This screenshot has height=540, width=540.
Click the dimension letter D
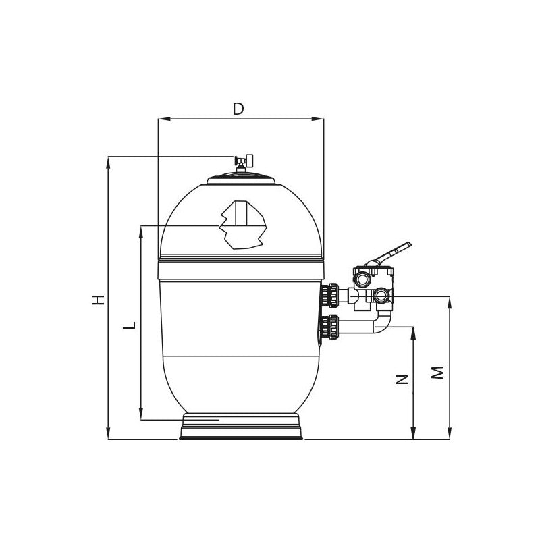(x=238, y=109)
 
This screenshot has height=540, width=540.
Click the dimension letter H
(x=98, y=300)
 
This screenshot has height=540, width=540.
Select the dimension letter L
(x=129, y=325)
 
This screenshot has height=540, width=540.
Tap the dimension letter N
(x=402, y=379)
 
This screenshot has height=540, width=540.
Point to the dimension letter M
(x=437, y=373)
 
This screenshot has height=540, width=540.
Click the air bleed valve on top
(x=244, y=162)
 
